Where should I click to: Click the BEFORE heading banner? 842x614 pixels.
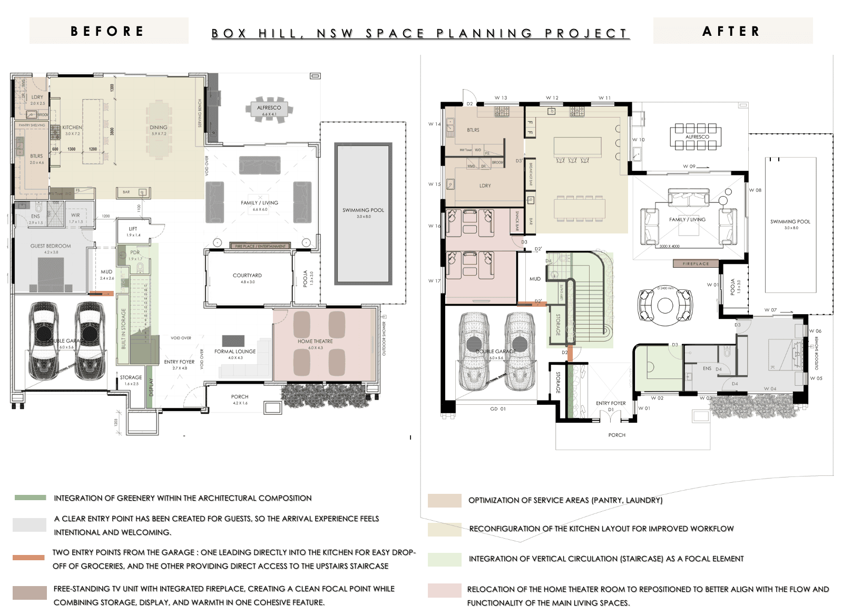(x=108, y=31)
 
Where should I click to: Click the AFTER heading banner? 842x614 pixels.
(x=732, y=31)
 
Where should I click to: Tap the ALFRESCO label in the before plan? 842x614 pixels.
(x=269, y=108)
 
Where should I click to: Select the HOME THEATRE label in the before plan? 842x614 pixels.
(x=315, y=341)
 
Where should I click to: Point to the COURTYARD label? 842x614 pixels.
(x=247, y=275)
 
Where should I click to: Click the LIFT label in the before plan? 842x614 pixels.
(x=133, y=229)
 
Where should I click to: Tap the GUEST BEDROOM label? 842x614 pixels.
(x=51, y=246)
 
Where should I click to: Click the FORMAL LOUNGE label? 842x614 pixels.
(x=235, y=352)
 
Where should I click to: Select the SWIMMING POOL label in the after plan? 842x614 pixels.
(x=790, y=221)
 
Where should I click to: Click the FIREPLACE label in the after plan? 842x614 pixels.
(x=696, y=264)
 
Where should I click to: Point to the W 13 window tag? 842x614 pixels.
(x=501, y=98)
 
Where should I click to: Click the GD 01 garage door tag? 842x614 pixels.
(x=498, y=409)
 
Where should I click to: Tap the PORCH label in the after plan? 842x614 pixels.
(x=616, y=435)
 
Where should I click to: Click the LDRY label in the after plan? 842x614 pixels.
(x=485, y=186)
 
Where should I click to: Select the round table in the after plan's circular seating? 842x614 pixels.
(x=665, y=305)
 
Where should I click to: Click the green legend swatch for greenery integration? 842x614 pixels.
(x=31, y=498)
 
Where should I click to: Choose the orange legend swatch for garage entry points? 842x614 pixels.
(x=28, y=558)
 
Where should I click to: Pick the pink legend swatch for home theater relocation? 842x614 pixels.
(x=444, y=590)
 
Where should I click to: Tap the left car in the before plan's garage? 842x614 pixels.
(x=43, y=340)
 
